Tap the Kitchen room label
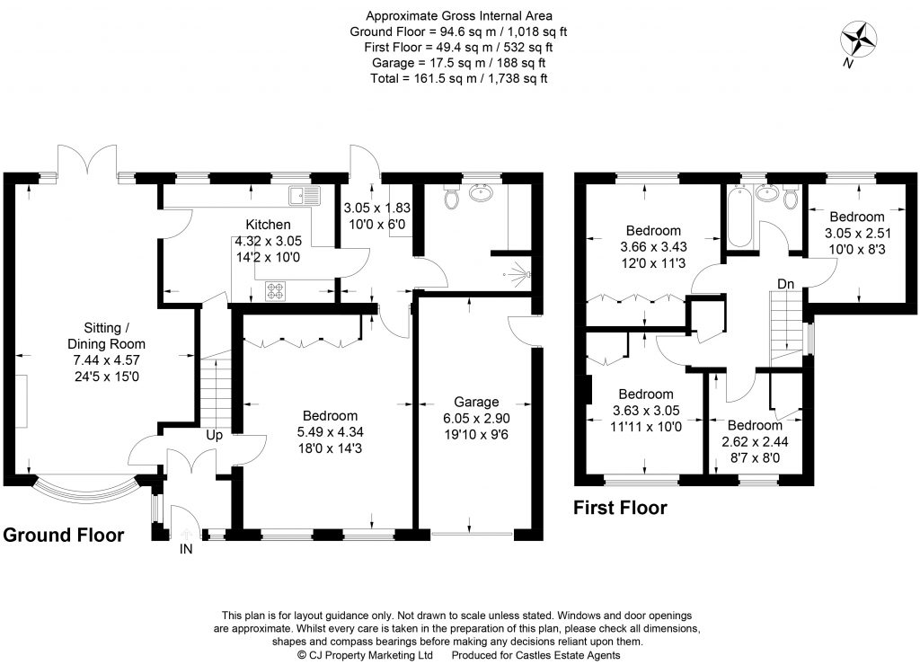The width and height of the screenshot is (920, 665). pos(269,225)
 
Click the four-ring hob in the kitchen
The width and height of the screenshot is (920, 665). pos(276,290)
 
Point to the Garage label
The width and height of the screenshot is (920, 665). pos(475,402)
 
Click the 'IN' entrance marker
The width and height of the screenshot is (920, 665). pos(185,548)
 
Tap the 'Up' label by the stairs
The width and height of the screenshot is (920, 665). pos(215,435)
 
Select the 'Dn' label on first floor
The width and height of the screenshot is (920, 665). pos(785,284)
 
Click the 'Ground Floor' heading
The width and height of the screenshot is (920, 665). pos(63,536)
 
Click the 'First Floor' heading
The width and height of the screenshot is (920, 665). pos(620,508)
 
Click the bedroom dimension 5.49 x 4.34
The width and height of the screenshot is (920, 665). pos(330,431)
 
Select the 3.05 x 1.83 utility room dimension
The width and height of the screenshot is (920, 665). pos(377,207)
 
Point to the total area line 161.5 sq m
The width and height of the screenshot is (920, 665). pos(459,79)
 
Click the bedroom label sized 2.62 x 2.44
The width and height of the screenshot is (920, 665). pos(755,425)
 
